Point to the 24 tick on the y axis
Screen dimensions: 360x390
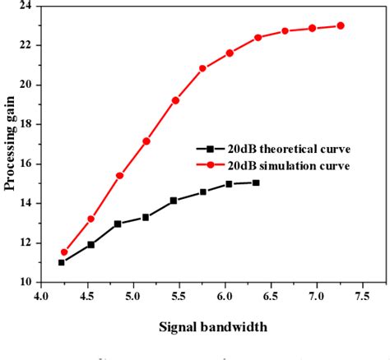tap(26, 6)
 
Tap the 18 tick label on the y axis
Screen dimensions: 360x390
tap(26, 124)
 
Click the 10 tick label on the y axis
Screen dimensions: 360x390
tap(26, 282)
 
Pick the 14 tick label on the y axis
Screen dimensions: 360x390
tap(26, 203)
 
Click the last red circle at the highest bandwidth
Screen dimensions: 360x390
tap(341, 25)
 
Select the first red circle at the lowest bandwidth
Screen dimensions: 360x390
tap(64, 252)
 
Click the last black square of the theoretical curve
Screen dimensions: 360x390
tap(256, 182)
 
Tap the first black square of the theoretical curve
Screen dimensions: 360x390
tap(62, 262)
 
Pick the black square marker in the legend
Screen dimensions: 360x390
tap(211, 149)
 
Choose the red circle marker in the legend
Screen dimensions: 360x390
tap(211, 165)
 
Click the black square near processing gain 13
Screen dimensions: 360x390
tap(118, 224)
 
